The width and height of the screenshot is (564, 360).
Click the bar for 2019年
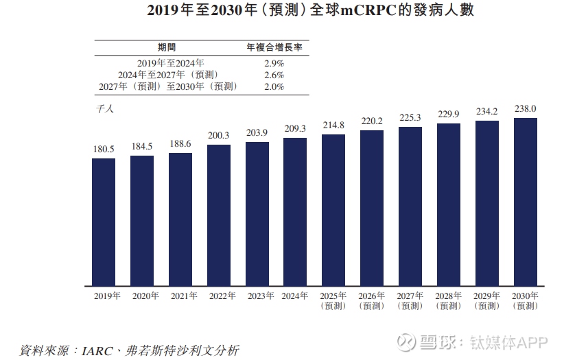click(x=104, y=221)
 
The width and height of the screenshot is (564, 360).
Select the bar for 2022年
click(x=219, y=215)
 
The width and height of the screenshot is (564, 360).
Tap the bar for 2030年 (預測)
click(x=525, y=202)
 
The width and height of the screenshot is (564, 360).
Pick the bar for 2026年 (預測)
click(x=372, y=208)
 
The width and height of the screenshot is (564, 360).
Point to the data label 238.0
click(x=525, y=108)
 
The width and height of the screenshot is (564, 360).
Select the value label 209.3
click(x=295, y=128)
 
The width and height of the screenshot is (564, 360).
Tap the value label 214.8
click(x=333, y=125)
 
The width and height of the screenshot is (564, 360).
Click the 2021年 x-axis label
click(x=180, y=296)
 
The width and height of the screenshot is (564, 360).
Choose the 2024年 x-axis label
click(x=295, y=296)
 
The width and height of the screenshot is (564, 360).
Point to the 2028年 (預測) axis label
click(x=449, y=300)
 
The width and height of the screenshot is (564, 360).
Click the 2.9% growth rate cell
click(x=273, y=63)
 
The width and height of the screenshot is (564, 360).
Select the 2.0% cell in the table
click(x=273, y=86)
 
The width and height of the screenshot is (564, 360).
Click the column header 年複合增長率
click(x=274, y=47)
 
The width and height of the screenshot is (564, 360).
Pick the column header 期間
click(x=167, y=47)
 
